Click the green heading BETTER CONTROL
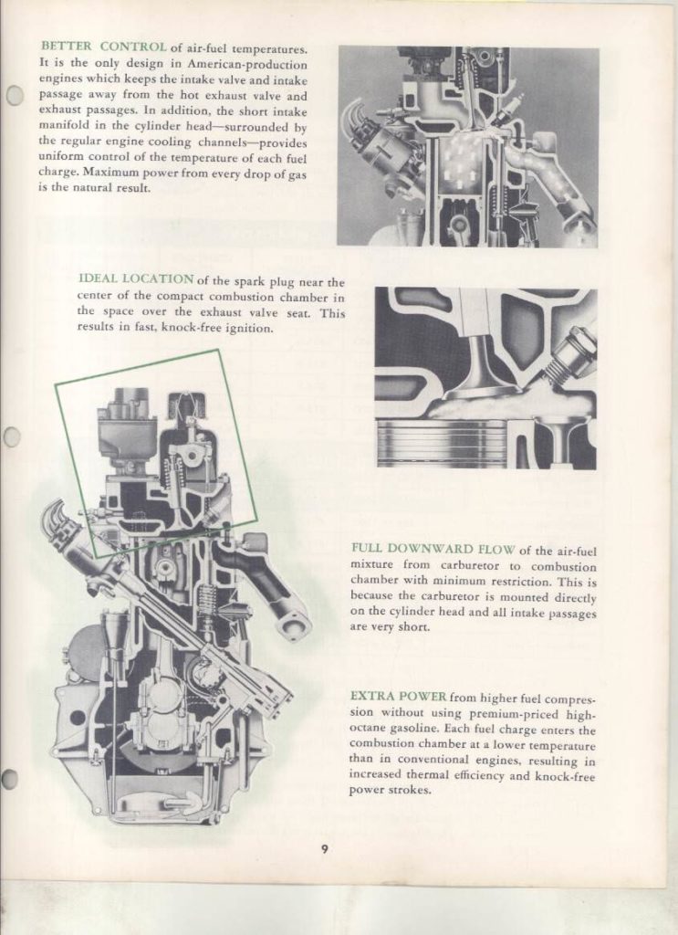[x=103, y=47]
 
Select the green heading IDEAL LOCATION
[x=136, y=279]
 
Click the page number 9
[x=324, y=850]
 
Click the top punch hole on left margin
[x=14, y=95]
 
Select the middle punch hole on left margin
[x=12, y=437]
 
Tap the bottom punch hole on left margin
[x=10, y=779]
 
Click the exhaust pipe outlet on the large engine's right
[x=290, y=625]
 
